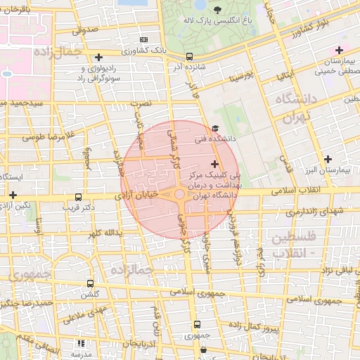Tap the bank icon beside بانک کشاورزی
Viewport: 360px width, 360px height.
(x=144, y=39)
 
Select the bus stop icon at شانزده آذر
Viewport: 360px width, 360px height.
(x=188, y=56)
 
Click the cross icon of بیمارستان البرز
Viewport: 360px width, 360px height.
(x=328, y=159)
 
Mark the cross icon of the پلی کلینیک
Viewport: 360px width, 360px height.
(x=214, y=164)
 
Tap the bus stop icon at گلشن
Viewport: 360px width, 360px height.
(x=90, y=283)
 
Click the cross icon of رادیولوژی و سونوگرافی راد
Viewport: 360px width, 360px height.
(x=98, y=57)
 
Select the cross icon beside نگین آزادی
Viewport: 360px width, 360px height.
(x=13, y=194)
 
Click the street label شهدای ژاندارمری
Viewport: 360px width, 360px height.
(x=315, y=212)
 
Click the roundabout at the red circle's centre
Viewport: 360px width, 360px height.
(x=180, y=194)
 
